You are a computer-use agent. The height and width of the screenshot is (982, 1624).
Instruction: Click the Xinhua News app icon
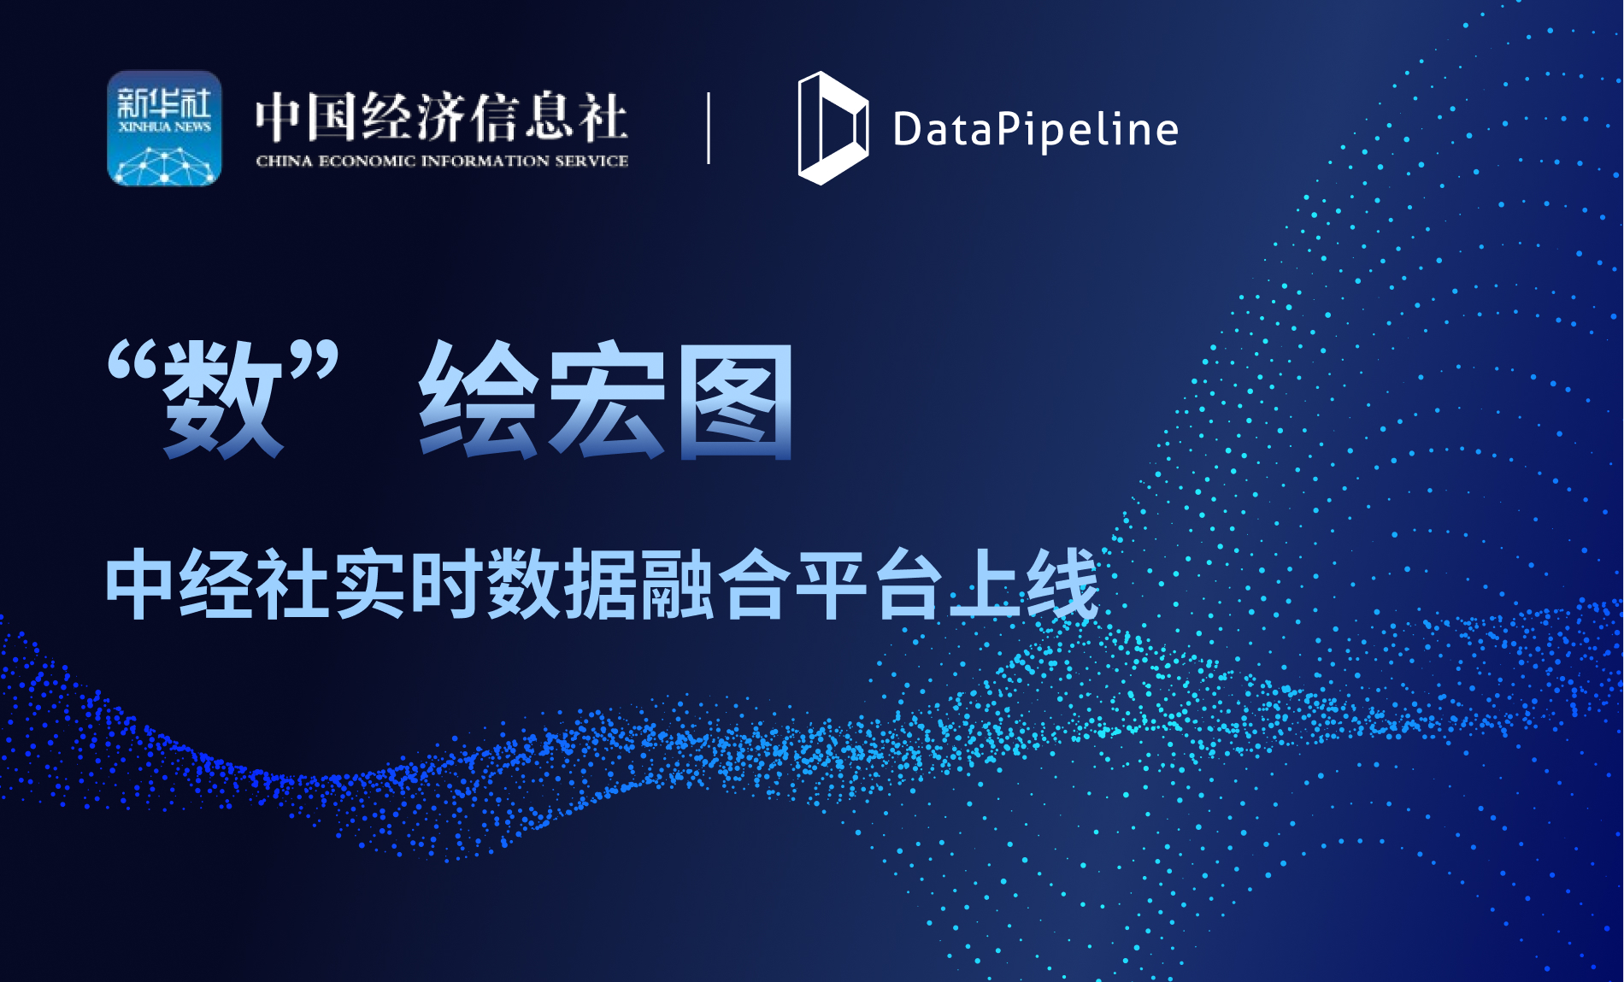pyautogui.click(x=164, y=128)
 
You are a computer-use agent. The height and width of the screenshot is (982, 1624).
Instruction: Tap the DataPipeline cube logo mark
pyautogui.click(x=832, y=128)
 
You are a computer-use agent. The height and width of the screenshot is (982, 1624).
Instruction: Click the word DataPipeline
pyautogui.click(x=1035, y=130)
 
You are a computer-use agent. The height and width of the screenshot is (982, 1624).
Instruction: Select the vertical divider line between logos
pyautogui.click(x=709, y=128)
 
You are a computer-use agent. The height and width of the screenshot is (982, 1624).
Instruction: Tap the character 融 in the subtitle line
pyautogui.click(x=677, y=585)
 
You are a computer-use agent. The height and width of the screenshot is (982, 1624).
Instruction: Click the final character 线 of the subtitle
pyautogui.click(x=1062, y=585)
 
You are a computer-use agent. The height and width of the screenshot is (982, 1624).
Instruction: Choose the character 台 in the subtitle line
pyautogui.click(x=908, y=585)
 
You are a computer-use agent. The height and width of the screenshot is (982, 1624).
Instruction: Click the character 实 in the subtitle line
pyautogui.click(x=370, y=585)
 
